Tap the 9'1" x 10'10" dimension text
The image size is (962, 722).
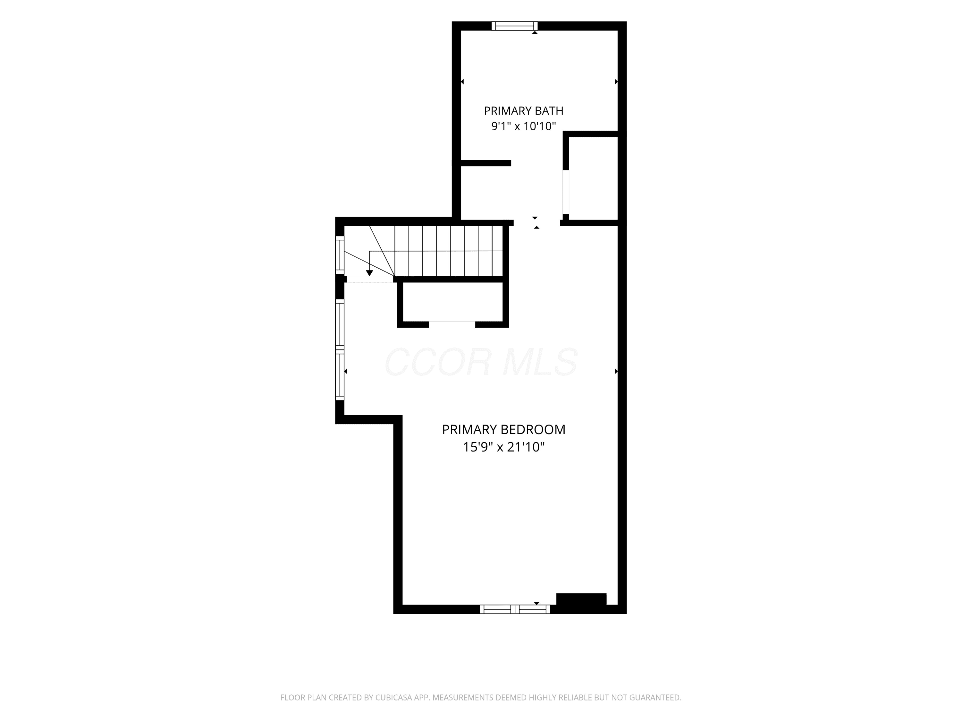(524, 126)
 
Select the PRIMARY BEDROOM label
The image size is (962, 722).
(504, 430)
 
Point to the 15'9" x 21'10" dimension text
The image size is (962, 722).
(504, 447)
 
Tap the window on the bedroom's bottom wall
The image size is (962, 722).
(515, 609)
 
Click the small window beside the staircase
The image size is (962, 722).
(340, 255)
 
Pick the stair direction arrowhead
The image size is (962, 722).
(370, 273)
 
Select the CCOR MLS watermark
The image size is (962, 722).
(481, 362)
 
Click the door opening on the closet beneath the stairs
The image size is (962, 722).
(452, 324)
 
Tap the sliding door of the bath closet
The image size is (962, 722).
(566, 192)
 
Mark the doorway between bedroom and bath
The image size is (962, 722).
(537, 223)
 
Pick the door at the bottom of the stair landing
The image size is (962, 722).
(370, 279)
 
